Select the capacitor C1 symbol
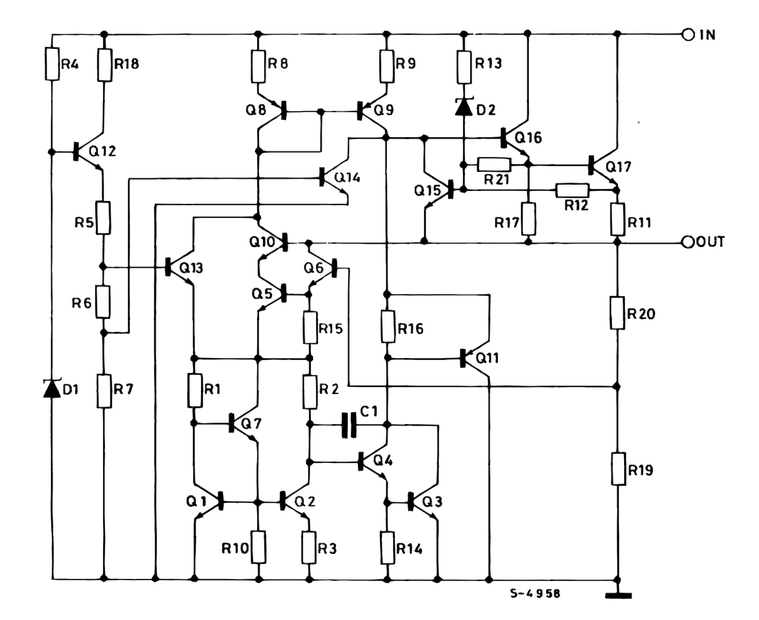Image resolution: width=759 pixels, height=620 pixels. [347, 425]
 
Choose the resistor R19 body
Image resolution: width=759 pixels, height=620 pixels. [617, 469]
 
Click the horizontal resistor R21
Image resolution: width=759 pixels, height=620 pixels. [495, 164]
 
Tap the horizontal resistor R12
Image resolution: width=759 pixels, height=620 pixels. [572, 190]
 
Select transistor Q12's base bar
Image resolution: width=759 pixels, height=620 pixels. [77, 151]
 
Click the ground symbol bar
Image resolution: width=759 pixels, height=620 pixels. [617, 596]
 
